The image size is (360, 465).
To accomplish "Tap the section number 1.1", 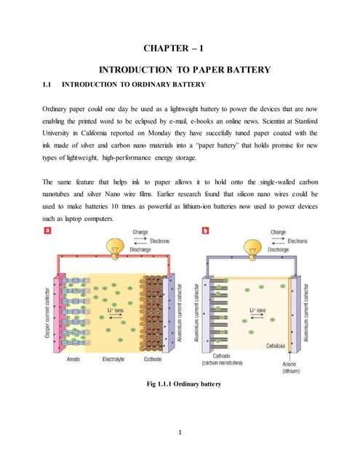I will click(51, 86).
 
